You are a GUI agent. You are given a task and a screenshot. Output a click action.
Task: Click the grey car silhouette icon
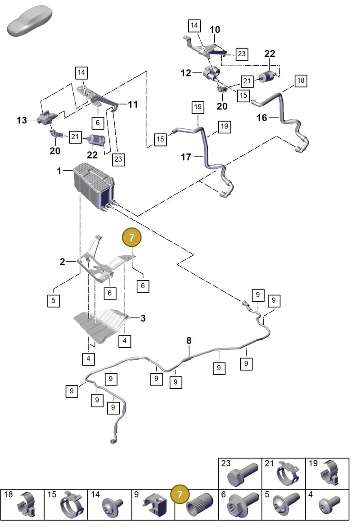[x=29, y=21]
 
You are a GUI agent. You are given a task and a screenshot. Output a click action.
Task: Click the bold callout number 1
[x=59, y=171]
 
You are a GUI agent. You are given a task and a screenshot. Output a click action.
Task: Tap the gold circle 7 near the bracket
[x=132, y=237]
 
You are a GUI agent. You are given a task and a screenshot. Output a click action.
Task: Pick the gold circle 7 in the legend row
[x=180, y=494]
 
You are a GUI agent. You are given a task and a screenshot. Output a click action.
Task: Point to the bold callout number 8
[x=189, y=340]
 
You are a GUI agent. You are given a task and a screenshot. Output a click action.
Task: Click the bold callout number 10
[x=215, y=30]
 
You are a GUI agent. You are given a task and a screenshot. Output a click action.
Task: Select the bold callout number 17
[x=186, y=157]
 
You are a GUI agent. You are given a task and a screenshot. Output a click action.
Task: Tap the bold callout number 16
[x=262, y=118]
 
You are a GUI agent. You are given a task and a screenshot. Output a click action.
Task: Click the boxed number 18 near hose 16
[x=301, y=81]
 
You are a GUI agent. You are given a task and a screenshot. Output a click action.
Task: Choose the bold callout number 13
[x=22, y=120]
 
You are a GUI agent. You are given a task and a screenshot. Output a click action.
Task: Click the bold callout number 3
[x=143, y=318]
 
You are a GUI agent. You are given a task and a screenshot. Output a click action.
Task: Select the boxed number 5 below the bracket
[x=54, y=300]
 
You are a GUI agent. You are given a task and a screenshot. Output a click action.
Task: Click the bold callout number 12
[x=186, y=72]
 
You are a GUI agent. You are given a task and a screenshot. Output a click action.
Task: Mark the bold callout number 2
[x=63, y=262]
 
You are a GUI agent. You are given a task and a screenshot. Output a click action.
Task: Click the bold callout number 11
[x=133, y=104]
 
